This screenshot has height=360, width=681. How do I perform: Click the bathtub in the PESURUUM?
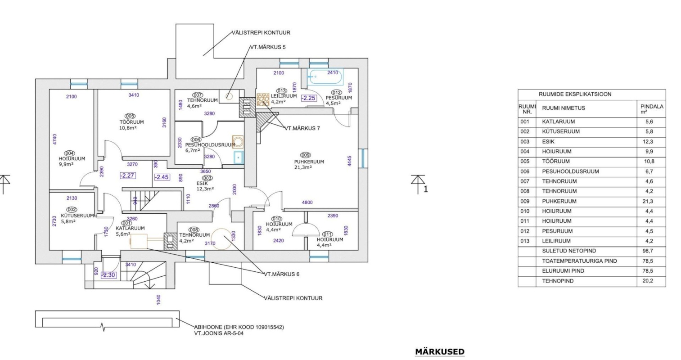point(325,76)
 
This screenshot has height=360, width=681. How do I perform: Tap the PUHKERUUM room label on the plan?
point(309,162)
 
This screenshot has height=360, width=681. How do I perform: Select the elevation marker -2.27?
point(128,176)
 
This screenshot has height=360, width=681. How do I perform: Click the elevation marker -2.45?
point(162,177)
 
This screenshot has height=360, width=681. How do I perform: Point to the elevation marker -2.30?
point(108,275)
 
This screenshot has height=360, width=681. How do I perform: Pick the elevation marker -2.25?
point(309,98)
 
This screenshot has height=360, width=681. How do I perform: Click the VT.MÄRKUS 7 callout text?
point(302,128)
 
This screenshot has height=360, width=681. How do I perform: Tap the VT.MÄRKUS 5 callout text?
point(268,47)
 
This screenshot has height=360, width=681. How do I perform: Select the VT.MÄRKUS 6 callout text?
point(281,274)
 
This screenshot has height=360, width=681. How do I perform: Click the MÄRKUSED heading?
point(440,352)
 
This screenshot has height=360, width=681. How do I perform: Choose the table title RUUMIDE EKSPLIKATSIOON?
point(575,94)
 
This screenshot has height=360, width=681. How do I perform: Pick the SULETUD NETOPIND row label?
point(569,251)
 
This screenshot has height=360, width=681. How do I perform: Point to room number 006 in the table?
point(525,171)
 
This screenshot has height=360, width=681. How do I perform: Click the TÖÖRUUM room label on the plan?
point(131,122)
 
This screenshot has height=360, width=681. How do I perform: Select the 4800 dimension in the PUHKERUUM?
point(307,202)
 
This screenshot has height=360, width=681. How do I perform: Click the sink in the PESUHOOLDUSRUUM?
point(239,157)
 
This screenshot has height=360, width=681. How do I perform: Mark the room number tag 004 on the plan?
point(70,153)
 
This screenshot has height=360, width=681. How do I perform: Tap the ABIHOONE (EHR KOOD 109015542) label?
point(239,328)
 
